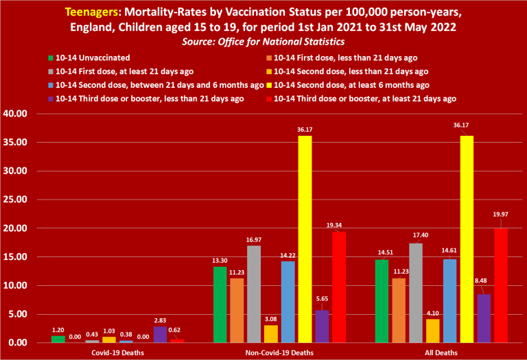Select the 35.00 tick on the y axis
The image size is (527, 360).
[x=15, y=143]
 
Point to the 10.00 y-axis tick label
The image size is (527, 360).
[x=15, y=285]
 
